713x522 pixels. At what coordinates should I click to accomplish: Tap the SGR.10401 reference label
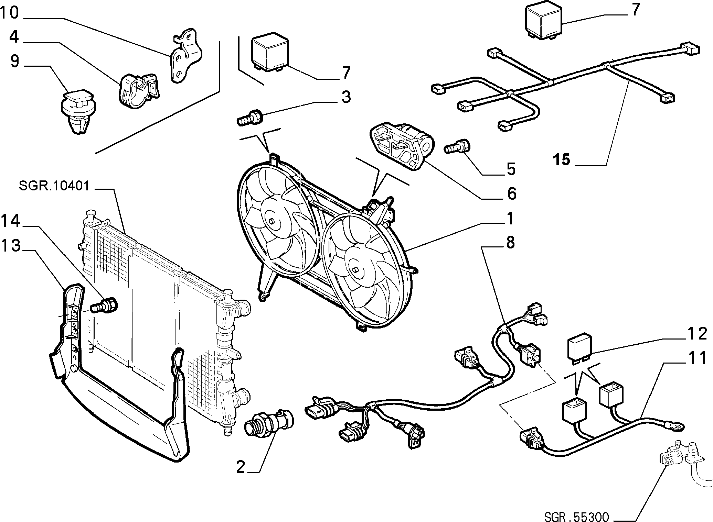54,186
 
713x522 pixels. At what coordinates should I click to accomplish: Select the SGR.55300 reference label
577,517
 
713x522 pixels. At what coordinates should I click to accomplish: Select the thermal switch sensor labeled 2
269,423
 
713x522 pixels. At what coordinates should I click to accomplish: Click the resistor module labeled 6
402,146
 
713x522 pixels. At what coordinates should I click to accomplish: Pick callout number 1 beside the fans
510,219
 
